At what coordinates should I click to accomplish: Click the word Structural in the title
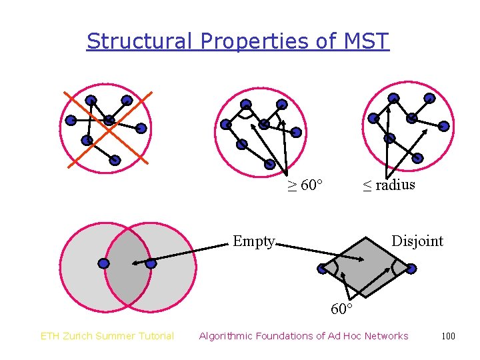coord(140,41)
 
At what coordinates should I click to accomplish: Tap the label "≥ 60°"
coord(305,185)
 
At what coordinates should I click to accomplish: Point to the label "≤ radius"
coord(389,185)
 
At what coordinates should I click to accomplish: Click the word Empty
coord(254,241)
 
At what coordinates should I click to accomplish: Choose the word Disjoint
coord(417,241)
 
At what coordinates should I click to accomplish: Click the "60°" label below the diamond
coord(341,309)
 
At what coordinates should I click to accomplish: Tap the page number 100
coord(448,336)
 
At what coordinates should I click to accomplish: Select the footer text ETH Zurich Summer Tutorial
coord(107,336)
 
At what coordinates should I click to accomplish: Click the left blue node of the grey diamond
coord(323,269)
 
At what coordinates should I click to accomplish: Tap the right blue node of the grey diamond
coord(411,268)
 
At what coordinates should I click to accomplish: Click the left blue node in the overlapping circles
coord(103,263)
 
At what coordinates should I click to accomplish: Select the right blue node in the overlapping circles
coord(151,263)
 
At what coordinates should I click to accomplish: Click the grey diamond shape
coord(367,267)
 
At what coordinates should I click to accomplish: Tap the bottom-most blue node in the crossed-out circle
coord(115,160)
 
